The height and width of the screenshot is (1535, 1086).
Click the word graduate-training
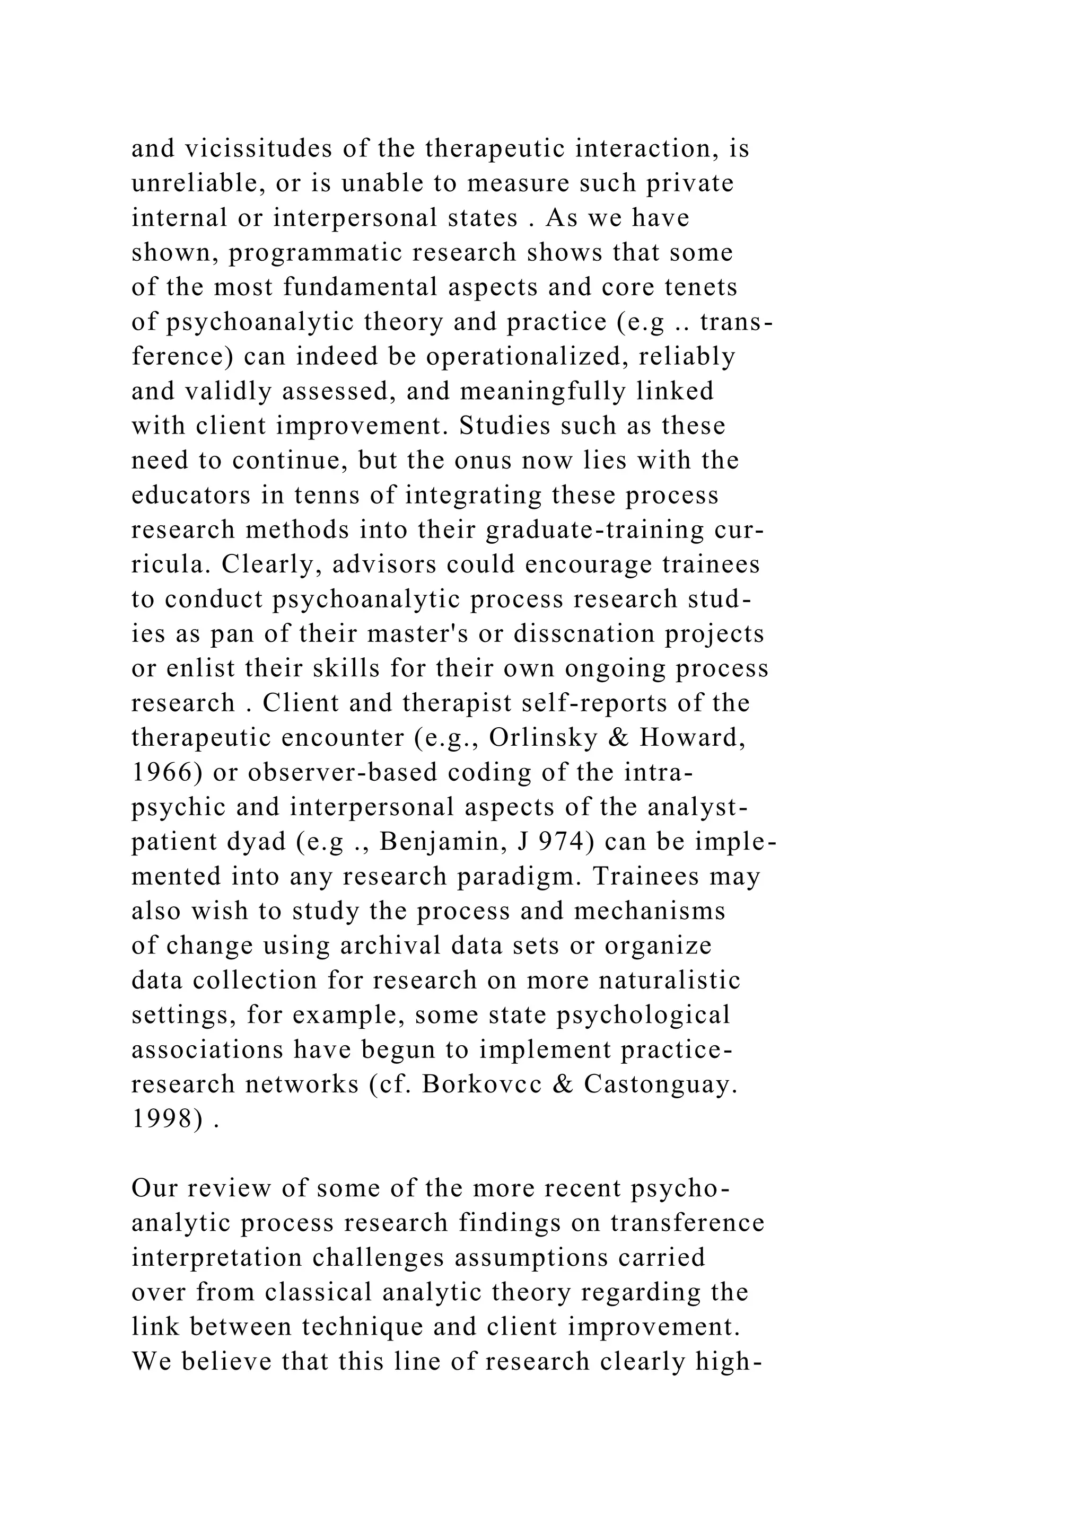(x=595, y=530)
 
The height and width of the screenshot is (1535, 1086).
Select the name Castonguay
(x=659, y=1084)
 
